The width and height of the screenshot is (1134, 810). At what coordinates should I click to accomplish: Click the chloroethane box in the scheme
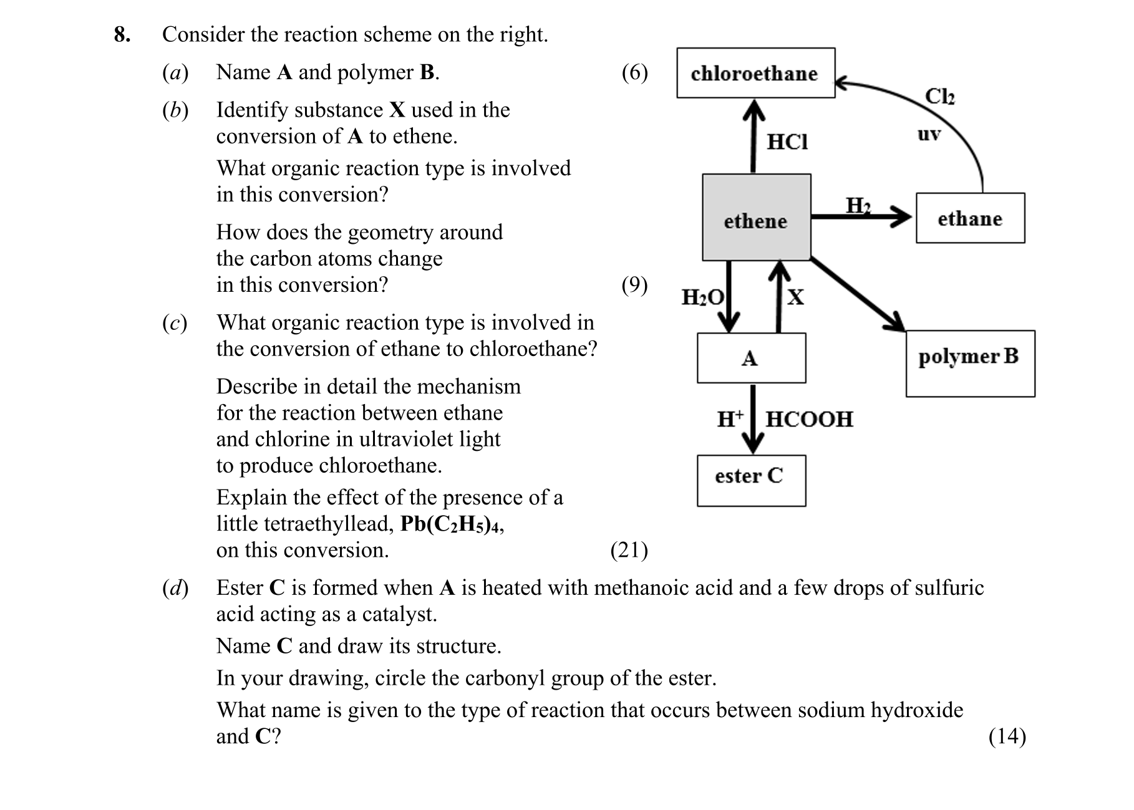click(755, 73)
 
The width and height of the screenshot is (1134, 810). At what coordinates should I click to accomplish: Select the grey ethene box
click(756, 218)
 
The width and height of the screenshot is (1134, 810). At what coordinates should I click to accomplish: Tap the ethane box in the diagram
click(969, 218)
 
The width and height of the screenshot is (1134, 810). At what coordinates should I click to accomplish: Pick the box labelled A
click(751, 358)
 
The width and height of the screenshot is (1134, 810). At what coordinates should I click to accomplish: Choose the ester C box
click(751, 480)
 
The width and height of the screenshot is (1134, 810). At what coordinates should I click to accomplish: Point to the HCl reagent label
click(787, 142)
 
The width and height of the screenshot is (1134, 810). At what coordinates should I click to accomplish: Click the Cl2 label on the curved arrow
click(939, 97)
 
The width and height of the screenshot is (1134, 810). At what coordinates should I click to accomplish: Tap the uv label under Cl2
click(929, 134)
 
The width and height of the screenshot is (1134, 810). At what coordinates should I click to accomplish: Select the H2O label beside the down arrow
click(702, 297)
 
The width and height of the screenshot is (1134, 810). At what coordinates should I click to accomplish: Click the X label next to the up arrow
click(795, 297)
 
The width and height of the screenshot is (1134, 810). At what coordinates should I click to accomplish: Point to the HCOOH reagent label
click(809, 419)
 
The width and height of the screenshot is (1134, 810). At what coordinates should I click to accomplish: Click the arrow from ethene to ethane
click(861, 216)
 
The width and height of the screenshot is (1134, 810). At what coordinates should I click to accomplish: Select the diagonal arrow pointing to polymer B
click(858, 294)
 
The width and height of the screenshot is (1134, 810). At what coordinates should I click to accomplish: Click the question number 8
click(122, 34)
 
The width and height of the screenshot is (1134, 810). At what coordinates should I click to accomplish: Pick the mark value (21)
click(629, 550)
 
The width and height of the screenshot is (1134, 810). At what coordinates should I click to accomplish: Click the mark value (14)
click(1007, 736)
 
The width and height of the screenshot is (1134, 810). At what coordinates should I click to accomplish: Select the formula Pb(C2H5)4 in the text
click(452, 524)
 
